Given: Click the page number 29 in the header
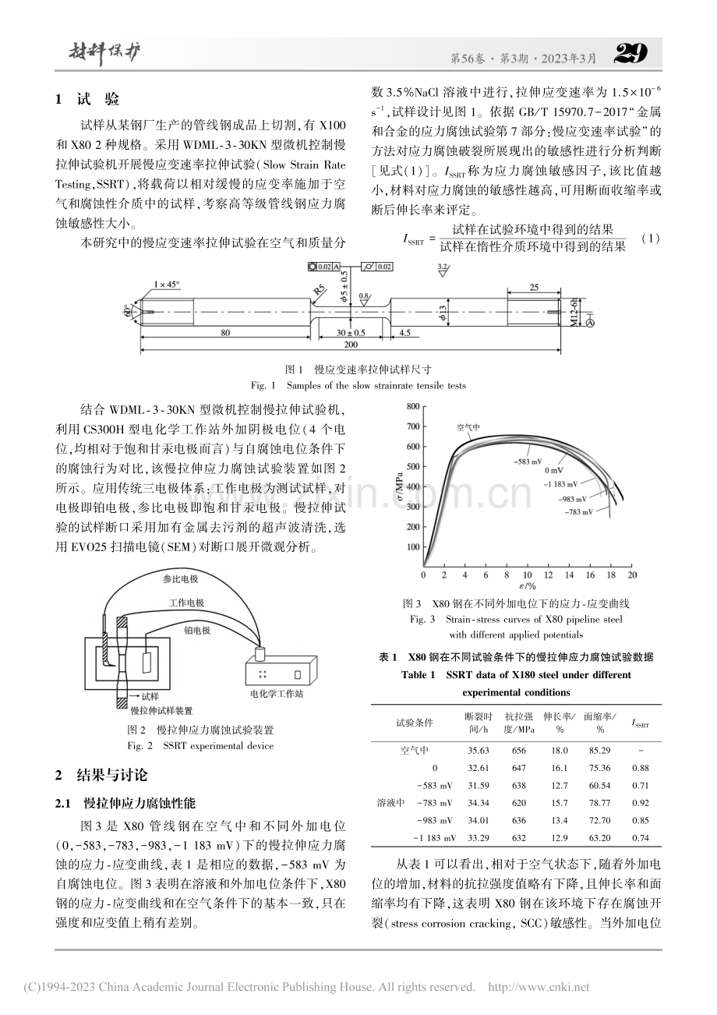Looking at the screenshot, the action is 631,54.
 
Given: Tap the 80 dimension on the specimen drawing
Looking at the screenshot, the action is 225,333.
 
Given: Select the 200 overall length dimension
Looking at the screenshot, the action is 351,345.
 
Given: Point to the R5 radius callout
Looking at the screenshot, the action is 320,289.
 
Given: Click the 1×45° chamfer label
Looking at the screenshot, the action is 167,285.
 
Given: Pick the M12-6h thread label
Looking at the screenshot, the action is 574,312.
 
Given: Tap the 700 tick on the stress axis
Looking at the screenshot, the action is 413,426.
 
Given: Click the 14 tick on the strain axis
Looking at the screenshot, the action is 569,575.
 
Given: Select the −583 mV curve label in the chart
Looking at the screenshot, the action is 528,462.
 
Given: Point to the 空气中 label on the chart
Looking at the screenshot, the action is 468,427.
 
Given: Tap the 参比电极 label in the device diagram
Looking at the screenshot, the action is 180,578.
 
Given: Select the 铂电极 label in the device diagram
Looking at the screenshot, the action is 197,631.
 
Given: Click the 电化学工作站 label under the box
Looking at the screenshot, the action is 277,694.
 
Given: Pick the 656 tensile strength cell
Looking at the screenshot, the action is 518,751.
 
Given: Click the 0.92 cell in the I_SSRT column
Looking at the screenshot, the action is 641,803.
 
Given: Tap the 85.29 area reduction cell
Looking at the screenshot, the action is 599,751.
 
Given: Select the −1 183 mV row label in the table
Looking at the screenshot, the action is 434,838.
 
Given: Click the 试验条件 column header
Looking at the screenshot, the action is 415,723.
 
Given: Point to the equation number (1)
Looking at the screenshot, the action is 651,239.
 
